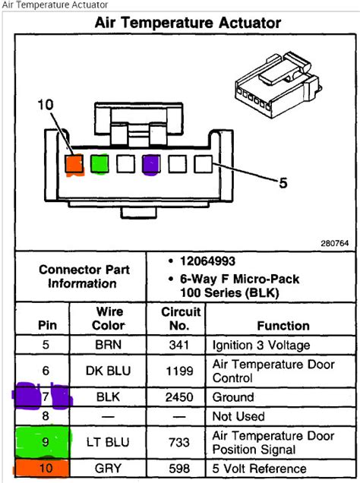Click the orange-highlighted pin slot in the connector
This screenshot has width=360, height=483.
click(74, 163)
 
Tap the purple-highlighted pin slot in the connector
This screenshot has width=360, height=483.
click(150, 163)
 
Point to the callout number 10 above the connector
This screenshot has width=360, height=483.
click(46, 106)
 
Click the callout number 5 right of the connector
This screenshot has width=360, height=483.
click(283, 182)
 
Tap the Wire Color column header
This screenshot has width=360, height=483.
click(109, 318)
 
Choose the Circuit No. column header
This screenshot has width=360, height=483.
click(181, 318)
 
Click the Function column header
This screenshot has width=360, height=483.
click(283, 326)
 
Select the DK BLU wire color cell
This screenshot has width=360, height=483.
click(109, 370)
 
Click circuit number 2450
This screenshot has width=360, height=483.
click(181, 397)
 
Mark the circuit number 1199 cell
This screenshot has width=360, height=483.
click(181, 370)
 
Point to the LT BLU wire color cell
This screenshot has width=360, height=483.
click(109, 441)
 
